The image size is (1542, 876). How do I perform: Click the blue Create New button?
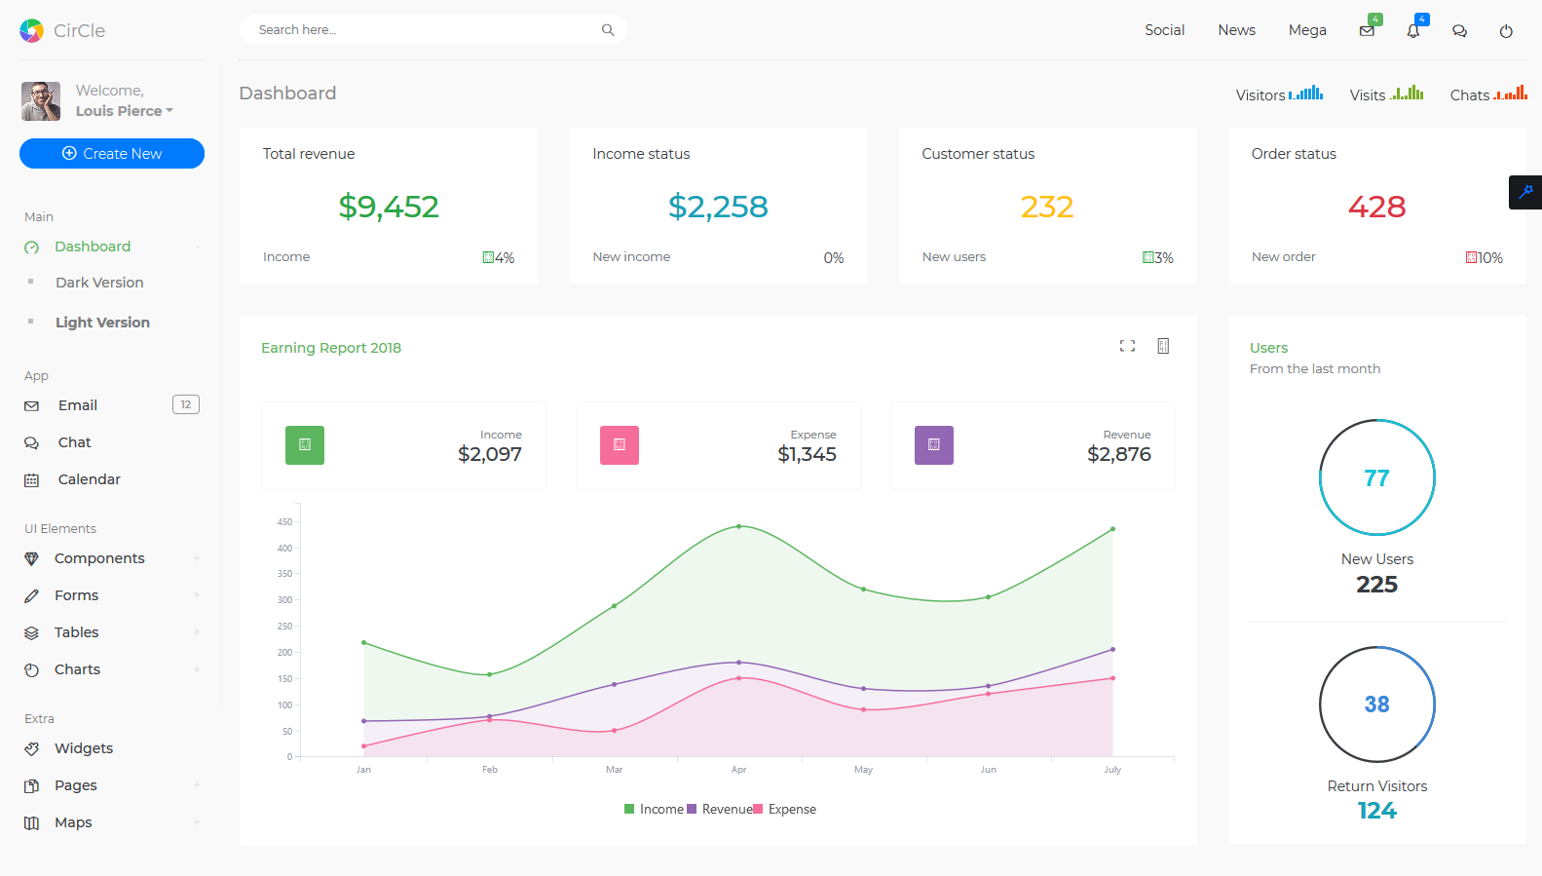112,153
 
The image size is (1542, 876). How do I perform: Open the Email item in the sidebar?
77,405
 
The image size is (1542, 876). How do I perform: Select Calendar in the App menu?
89,479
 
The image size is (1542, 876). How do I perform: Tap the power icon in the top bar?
1506,31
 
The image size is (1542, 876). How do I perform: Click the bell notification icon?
1413,31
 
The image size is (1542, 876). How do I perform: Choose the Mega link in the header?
1307,30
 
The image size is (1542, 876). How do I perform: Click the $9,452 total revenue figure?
389,207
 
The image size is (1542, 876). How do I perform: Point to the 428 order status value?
1376,207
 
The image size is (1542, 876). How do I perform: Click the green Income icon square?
305,445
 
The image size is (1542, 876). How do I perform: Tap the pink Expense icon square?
620,445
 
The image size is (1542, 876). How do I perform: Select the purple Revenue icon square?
934,445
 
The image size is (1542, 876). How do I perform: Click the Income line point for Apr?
739,526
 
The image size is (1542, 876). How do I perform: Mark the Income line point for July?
1112,529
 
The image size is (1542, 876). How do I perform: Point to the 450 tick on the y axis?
284,522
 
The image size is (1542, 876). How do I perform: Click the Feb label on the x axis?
490,770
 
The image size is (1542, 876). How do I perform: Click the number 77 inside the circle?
1376,478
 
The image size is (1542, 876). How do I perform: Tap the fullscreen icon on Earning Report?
1127,346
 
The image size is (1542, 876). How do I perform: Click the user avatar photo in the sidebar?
41,101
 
